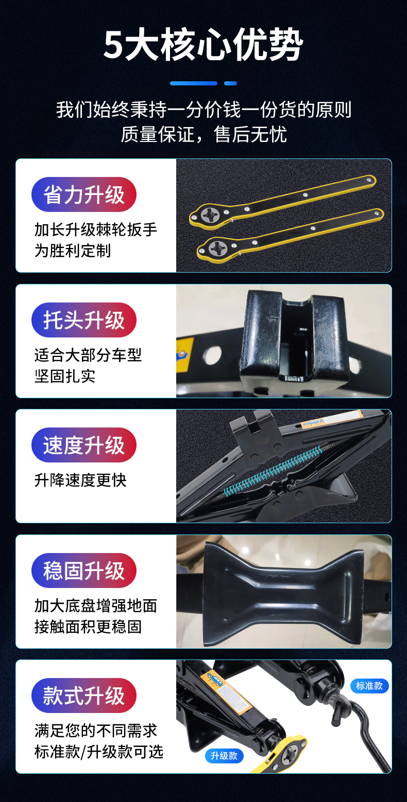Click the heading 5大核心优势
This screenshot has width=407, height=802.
click(203, 45)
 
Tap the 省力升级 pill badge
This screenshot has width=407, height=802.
click(84, 194)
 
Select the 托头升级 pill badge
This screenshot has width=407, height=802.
click(84, 320)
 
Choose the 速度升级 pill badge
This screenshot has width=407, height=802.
click(84, 445)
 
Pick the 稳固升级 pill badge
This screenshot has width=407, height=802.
click(84, 571)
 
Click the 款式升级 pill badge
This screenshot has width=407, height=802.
click(84, 696)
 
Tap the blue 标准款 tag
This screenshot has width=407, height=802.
click(369, 686)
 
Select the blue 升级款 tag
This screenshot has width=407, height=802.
click(224, 756)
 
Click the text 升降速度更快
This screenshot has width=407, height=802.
click(80, 480)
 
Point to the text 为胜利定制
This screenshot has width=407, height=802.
click(73, 251)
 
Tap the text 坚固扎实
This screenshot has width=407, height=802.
click(65, 376)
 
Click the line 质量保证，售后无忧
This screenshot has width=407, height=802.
click(203, 134)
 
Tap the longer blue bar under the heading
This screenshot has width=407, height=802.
click(194, 83)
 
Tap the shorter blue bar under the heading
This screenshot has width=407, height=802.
click(231, 83)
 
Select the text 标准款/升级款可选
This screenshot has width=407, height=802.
click(99, 752)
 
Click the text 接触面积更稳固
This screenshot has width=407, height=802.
click(88, 627)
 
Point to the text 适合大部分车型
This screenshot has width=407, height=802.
click(88, 355)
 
